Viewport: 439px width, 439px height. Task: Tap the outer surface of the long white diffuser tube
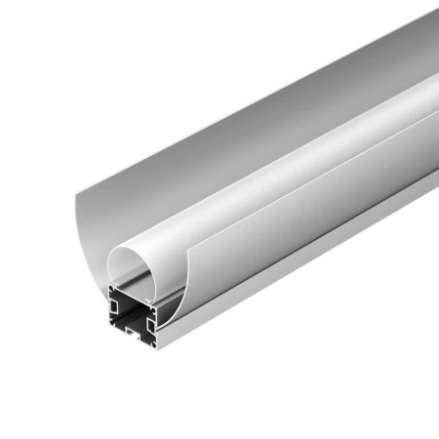click(293, 146)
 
